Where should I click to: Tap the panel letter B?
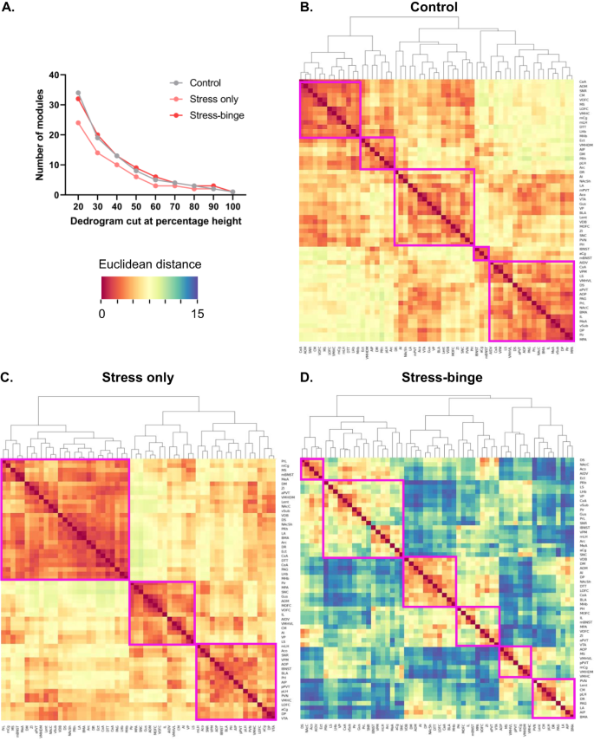point(305,10)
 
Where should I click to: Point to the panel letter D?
point(305,378)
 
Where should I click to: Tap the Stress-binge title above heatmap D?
point(439,380)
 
